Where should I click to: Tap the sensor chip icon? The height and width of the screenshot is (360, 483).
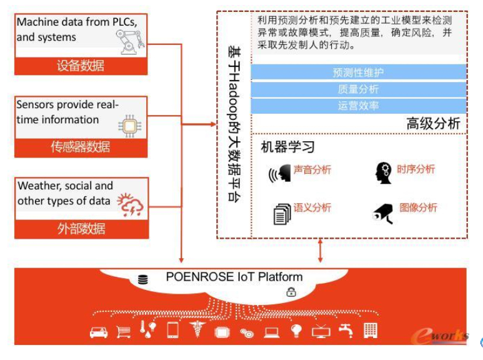tap(130, 126)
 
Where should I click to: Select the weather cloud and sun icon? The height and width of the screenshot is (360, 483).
tap(131, 204)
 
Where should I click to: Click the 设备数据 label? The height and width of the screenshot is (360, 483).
tap(81, 66)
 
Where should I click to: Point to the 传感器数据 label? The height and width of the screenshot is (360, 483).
tap(81, 147)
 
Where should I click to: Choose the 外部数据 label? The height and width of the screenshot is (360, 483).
tap(81, 229)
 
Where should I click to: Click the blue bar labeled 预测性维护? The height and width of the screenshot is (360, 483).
tap(359, 72)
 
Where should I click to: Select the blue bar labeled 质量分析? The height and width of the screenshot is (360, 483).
tap(359, 89)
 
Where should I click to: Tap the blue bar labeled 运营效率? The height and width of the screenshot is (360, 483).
tap(359, 106)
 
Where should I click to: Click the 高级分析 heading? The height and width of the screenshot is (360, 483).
tap(433, 124)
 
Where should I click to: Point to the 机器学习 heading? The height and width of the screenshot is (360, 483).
tap(287, 147)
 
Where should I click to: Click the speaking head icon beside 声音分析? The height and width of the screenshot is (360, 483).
tap(280, 174)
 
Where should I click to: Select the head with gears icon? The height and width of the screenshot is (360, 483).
tap(384, 173)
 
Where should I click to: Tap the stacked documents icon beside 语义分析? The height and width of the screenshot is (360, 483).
tap(282, 214)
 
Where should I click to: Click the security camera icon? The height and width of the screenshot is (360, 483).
tap(383, 213)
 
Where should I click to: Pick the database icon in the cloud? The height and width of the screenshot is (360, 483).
tap(143, 279)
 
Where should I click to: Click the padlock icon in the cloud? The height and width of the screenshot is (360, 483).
tap(291, 292)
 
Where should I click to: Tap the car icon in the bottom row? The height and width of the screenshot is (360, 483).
tap(99, 332)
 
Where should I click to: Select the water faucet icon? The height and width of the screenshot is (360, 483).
tap(346, 331)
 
